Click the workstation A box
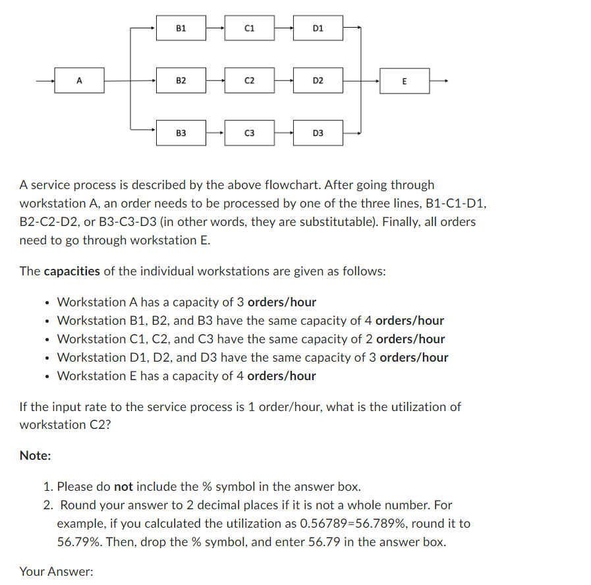pos(79,81)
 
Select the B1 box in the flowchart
pos(181,28)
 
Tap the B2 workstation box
pos(181,81)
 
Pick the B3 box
pos(181,133)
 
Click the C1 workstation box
pos(249,28)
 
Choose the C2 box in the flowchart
pos(249,81)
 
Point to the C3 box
pos(249,133)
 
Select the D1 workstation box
pos(318,28)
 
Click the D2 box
pos(318,81)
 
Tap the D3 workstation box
pos(318,133)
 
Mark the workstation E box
pos(404,81)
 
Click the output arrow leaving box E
pos(440,81)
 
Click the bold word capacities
pos(72,271)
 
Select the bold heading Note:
pos(36,456)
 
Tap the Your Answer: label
pos(56,572)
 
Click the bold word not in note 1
pos(123,487)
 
